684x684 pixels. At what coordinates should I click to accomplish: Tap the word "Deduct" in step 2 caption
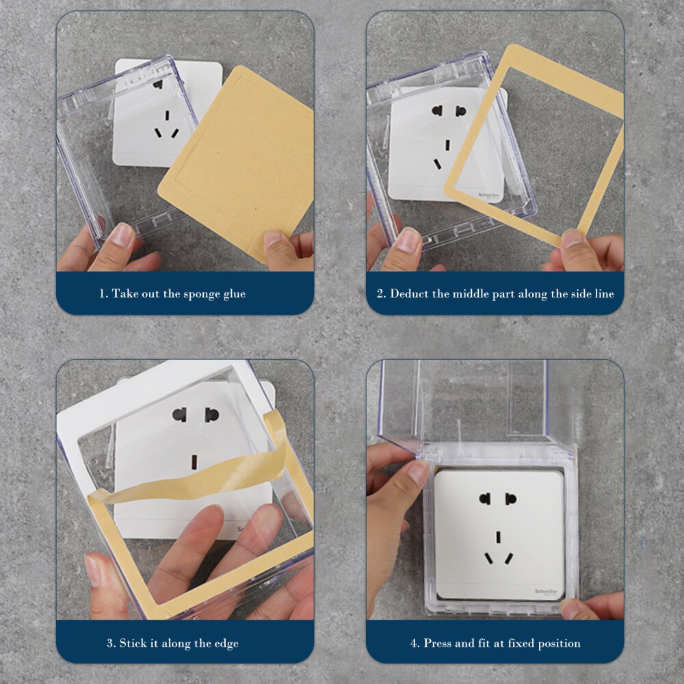410,294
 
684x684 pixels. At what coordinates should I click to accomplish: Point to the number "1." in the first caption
104,294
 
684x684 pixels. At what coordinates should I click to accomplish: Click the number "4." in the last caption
415,644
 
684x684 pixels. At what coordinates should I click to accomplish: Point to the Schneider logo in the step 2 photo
491,194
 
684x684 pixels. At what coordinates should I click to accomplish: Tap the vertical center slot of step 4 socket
499,537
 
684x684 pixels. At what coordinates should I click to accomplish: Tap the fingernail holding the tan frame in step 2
572,239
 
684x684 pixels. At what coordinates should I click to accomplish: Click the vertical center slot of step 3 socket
194,461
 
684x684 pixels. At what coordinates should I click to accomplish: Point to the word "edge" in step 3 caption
225,644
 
